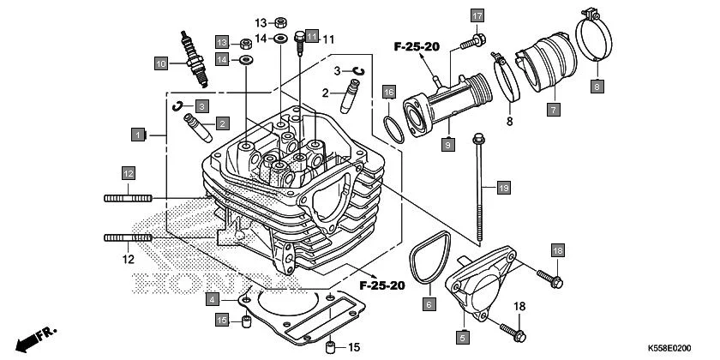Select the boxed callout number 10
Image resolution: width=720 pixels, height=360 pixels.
click(x=160, y=63)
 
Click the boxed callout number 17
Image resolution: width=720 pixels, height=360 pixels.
click(x=477, y=15)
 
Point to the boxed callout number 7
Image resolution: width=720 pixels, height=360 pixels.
click(x=553, y=110)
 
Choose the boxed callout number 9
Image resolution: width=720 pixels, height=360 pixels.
click(x=447, y=147)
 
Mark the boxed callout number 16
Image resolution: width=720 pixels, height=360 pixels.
click(x=388, y=92)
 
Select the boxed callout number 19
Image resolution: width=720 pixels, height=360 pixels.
click(x=503, y=187)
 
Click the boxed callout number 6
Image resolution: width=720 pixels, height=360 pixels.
click(x=429, y=303)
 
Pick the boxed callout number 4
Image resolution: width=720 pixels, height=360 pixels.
click(x=212, y=299)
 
